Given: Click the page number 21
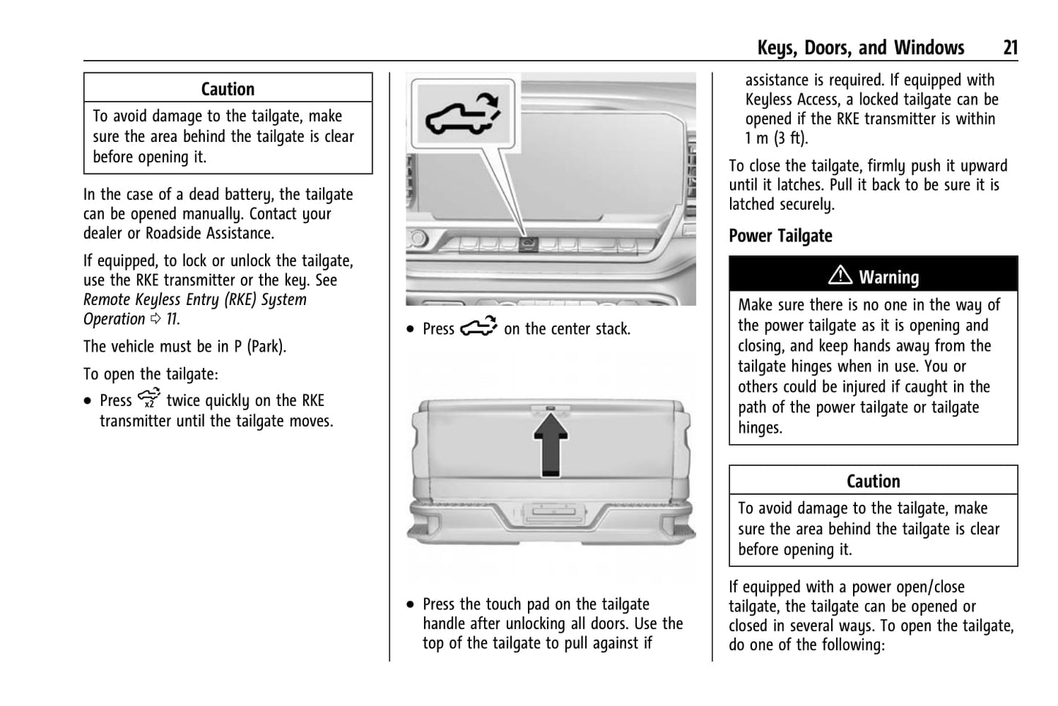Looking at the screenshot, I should coord(1010,48).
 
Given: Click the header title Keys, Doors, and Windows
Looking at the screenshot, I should coord(860,48).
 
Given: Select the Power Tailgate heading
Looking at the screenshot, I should coord(781,236).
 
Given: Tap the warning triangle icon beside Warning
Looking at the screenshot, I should coord(840,276).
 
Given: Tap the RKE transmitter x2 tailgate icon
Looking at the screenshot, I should coord(149,399).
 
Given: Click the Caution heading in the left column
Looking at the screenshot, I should coord(228,89).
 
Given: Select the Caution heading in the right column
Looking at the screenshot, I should coord(873,481).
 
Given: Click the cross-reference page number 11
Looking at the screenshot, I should coord(171,320).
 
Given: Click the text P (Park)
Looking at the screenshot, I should coord(249,347).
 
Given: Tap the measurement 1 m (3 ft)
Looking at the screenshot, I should coord(775,138).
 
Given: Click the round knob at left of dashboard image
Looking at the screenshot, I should coord(418,239).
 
